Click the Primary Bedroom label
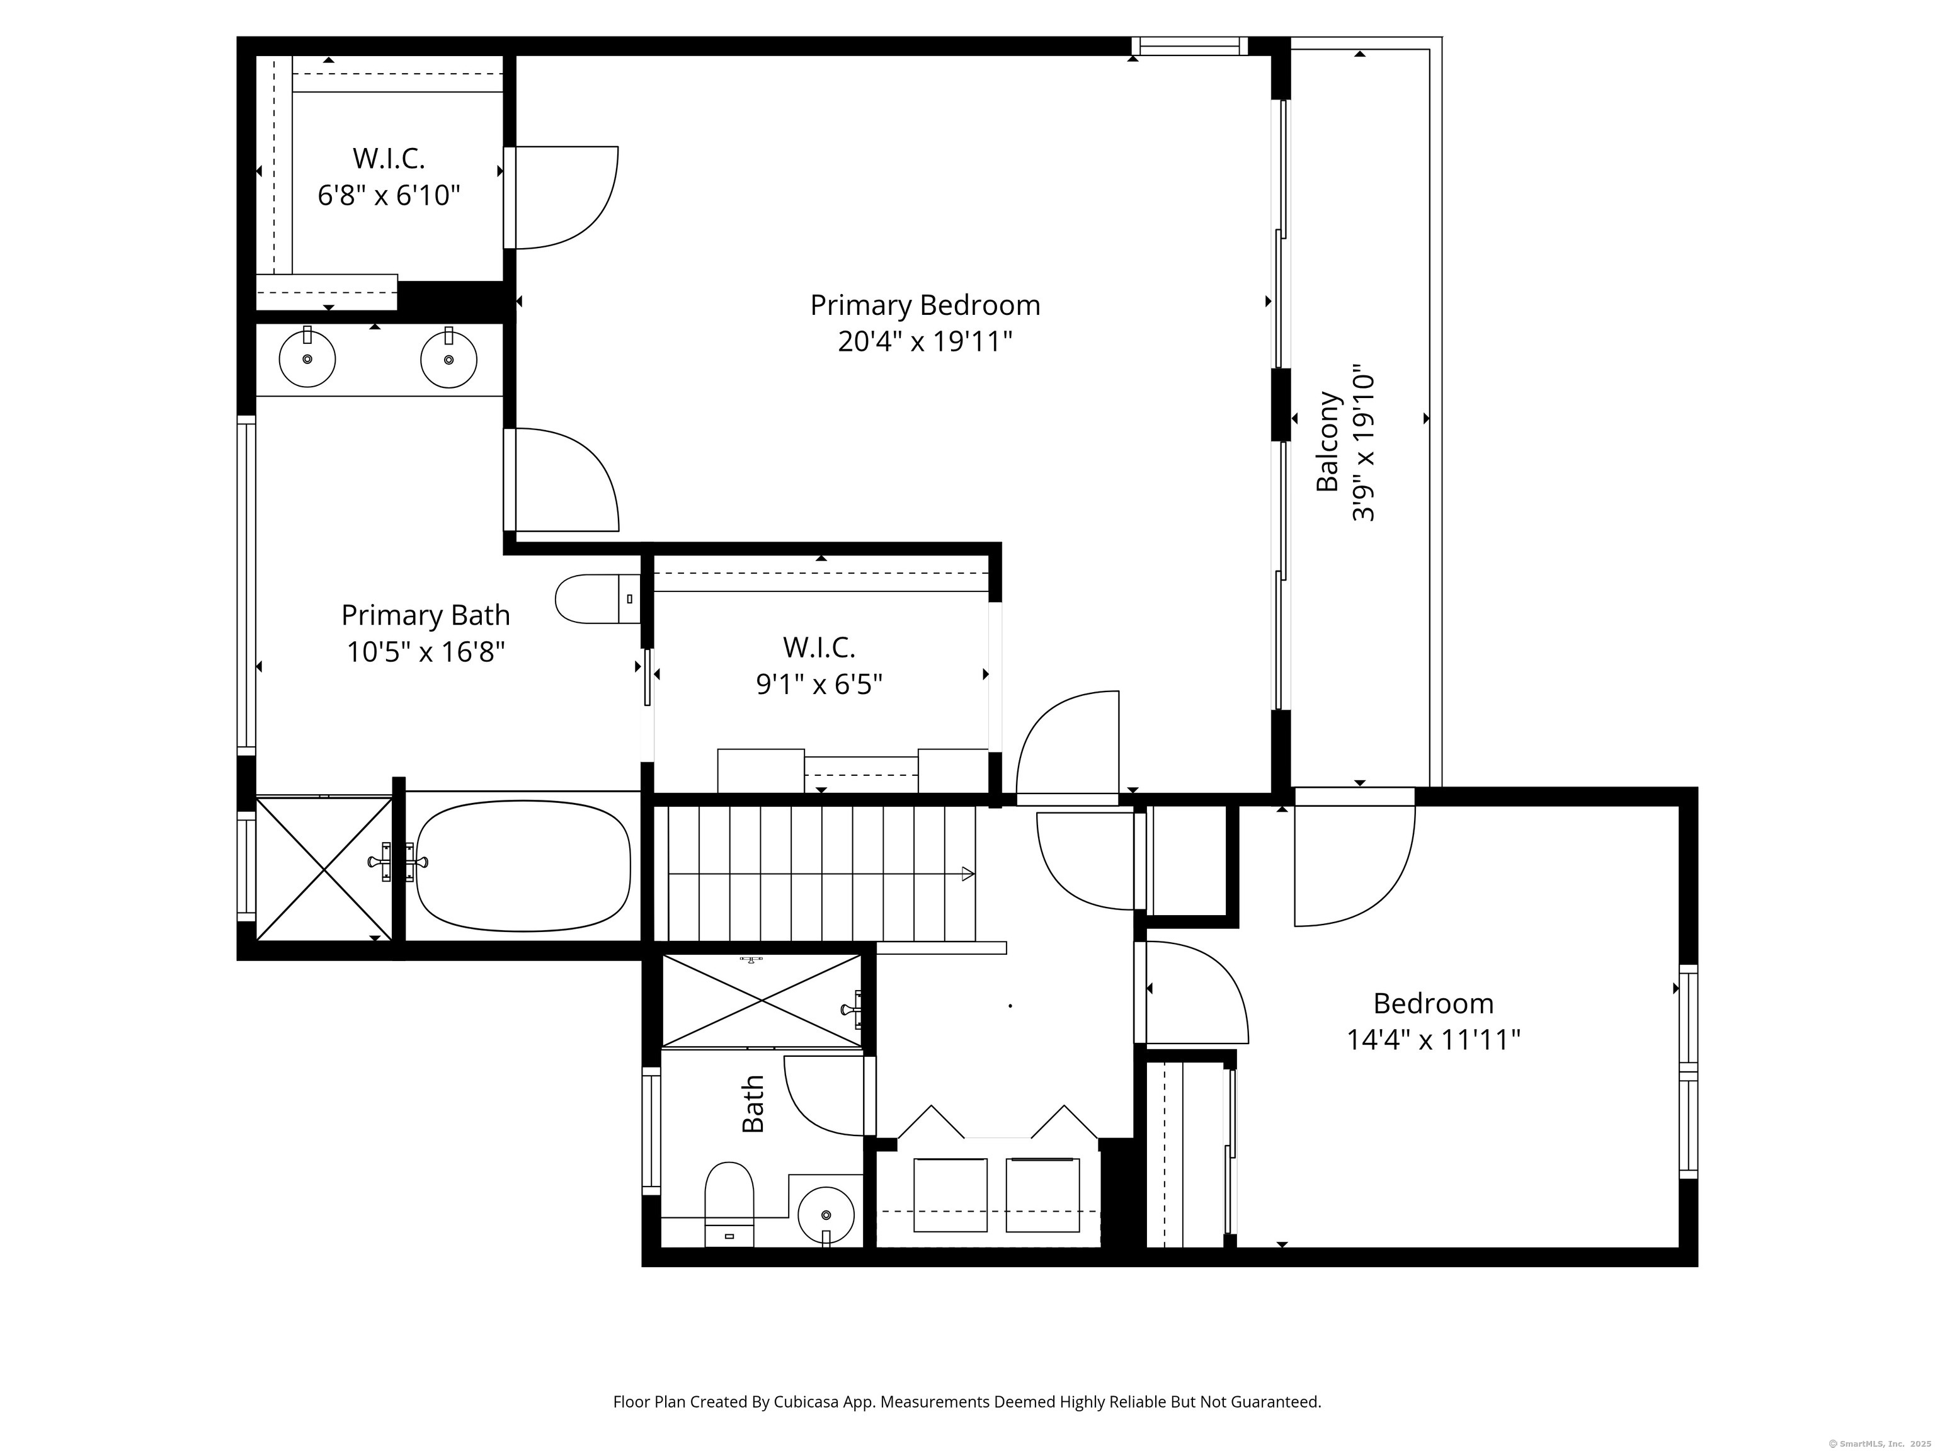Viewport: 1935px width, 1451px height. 925,305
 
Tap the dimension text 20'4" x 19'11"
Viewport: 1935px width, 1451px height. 925,341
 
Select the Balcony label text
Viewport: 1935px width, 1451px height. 1328,441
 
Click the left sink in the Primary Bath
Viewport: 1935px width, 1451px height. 307,358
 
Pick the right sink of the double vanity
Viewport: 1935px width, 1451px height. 448,358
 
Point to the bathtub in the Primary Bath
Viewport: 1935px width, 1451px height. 523,866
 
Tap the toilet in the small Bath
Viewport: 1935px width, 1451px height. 729,1204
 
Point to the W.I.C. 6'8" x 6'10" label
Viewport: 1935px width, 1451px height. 389,177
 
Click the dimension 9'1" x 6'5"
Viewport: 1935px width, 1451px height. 819,684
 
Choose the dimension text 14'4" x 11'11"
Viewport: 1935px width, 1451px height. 1433,1040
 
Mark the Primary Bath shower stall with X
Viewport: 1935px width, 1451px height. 324,869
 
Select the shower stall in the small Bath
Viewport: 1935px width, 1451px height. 762,1001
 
